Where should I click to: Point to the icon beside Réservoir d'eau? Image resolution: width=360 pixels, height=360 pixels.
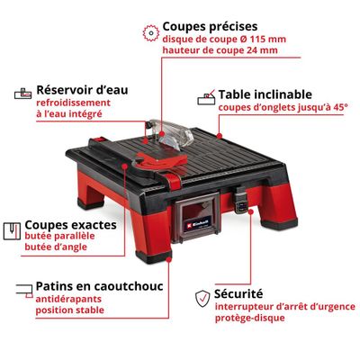coord(22,93)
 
